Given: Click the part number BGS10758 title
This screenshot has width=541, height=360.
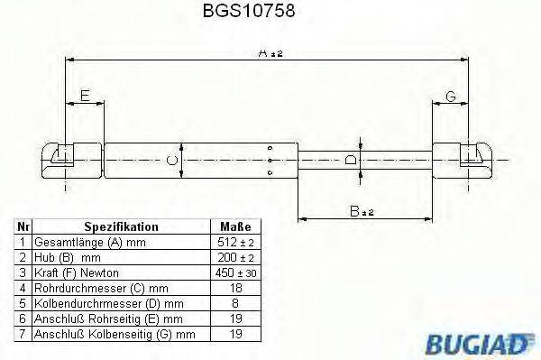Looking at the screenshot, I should point(261,13).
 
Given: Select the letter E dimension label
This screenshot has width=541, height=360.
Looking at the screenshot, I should point(84,95).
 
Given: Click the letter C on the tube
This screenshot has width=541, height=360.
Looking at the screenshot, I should point(174,161).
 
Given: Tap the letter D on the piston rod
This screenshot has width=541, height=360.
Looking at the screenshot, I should point(353,161).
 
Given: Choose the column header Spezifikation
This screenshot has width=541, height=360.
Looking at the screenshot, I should point(122,227).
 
